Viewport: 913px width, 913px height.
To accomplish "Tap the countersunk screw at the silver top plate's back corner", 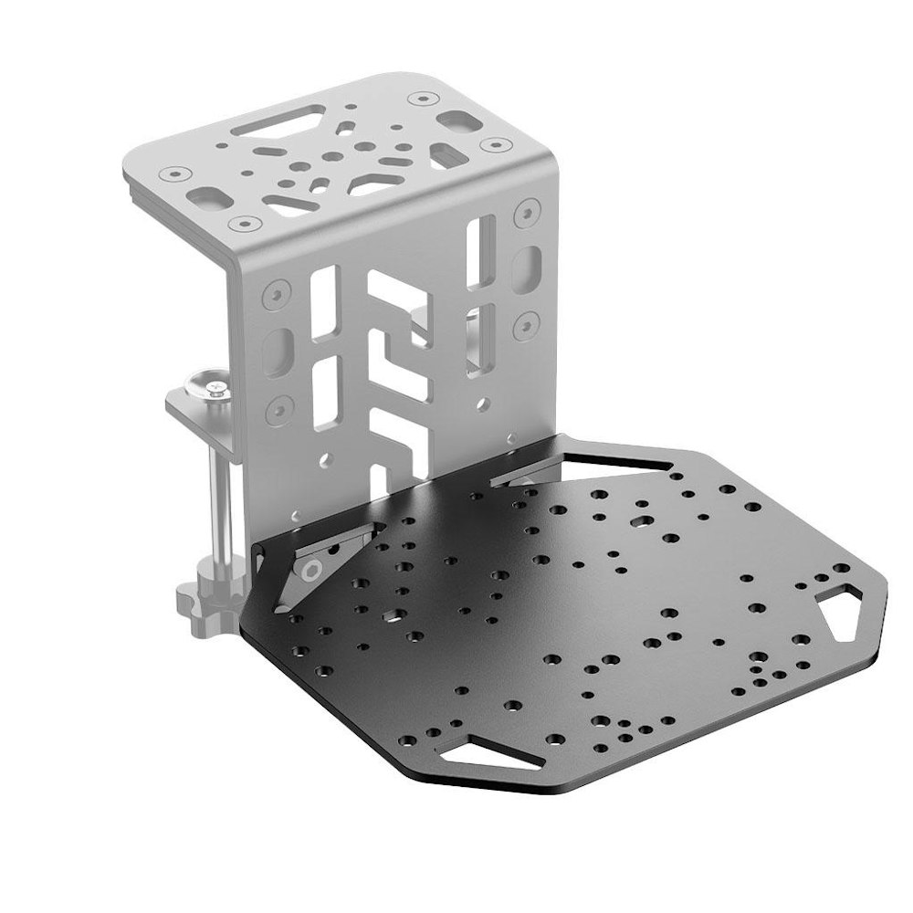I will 422,97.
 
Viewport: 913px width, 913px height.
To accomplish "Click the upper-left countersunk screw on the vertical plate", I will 272,295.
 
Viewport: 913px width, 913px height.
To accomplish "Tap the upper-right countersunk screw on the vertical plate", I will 526,213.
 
